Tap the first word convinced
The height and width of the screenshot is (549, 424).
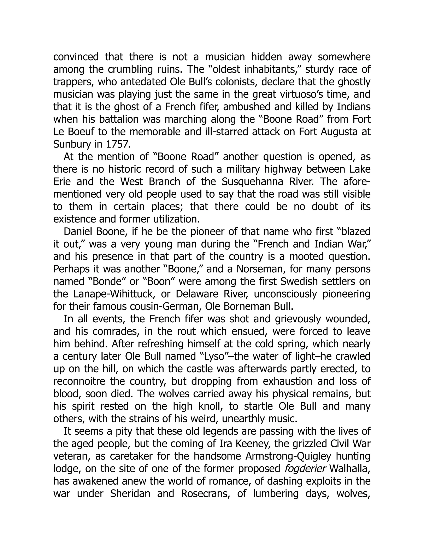[x=76, y=57]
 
